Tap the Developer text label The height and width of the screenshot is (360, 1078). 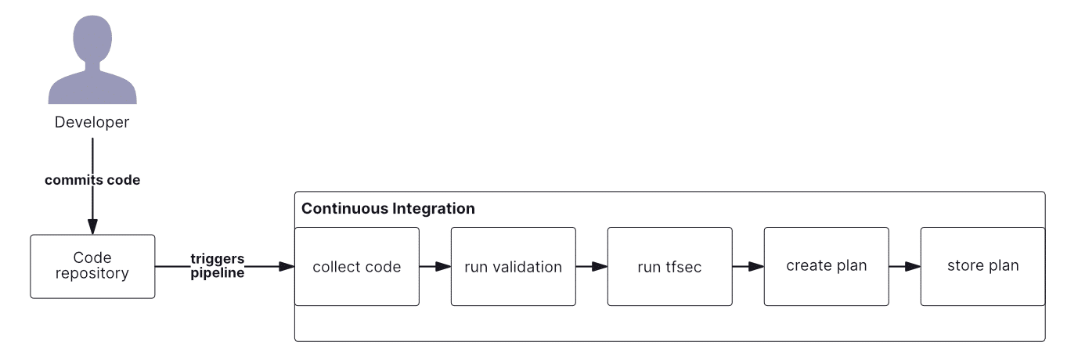92,122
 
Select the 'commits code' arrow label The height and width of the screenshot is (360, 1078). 92,180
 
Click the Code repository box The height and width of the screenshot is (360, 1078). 92,266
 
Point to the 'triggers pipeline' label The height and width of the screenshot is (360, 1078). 218,266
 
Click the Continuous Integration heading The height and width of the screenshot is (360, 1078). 388,209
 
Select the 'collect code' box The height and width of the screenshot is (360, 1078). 356,267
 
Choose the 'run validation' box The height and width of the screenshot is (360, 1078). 513,267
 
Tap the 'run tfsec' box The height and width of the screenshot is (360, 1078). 669,267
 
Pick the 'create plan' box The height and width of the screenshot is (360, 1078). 826,267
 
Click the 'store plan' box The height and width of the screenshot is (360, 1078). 982,267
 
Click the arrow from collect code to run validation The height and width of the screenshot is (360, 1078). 435,267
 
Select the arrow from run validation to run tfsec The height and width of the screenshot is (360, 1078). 592,267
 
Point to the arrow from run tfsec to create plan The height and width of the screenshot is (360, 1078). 748,267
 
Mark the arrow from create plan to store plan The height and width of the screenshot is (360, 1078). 905,267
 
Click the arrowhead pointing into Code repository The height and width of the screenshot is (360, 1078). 92,227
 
